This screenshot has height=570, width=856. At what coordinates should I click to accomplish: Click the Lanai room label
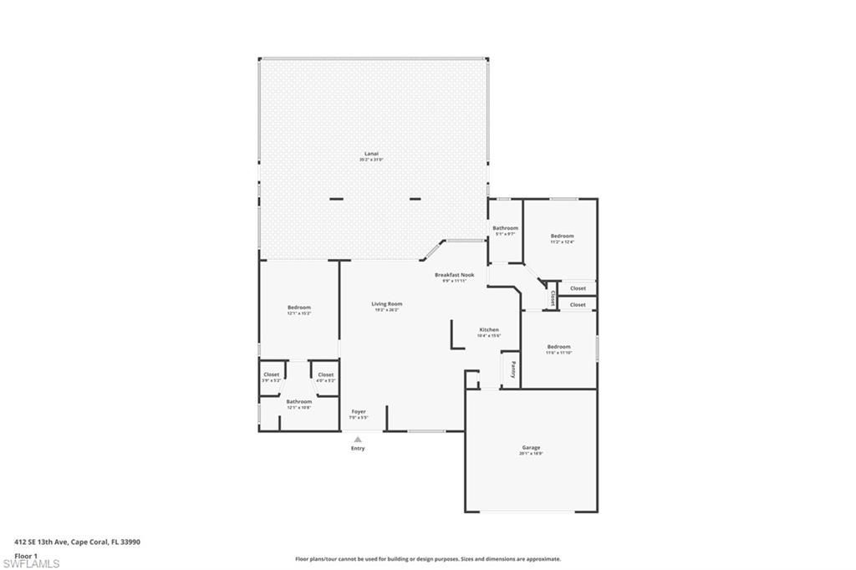pyautogui.click(x=371, y=155)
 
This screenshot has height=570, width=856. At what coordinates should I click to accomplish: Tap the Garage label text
pyautogui.click(x=532, y=448)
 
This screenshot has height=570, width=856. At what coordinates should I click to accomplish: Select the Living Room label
pyautogui.click(x=387, y=304)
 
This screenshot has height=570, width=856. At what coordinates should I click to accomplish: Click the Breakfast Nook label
pyautogui.click(x=454, y=275)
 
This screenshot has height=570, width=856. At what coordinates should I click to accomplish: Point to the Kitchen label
pyautogui.click(x=489, y=330)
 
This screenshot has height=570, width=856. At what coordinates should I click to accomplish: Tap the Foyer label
pyautogui.click(x=359, y=411)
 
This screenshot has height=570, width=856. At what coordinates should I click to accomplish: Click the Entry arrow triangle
pyautogui.click(x=358, y=439)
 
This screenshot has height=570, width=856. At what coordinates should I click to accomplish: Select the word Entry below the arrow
pyautogui.click(x=358, y=449)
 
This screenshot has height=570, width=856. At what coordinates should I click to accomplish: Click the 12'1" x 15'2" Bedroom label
pyautogui.click(x=299, y=308)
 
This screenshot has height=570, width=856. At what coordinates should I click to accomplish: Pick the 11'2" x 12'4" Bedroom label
pyautogui.click(x=562, y=237)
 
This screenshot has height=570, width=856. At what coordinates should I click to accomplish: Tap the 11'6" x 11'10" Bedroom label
pyautogui.click(x=558, y=347)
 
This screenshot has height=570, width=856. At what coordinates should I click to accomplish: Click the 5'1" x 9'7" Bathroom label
pyautogui.click(x=505, y=228)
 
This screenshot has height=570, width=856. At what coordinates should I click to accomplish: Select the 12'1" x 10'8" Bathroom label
pyautogui.click(x=299, y=402)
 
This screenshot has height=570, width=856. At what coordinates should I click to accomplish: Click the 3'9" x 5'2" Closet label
pyautogui.click(x=272, y=374)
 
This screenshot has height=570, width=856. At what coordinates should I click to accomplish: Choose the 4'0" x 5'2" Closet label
pyautogui.click(x=325, y=374)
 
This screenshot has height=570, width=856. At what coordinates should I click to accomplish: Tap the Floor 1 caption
pyautogui.click(x=26, y=555)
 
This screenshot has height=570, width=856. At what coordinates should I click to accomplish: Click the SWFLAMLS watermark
pyautogui.click(x=31, y=564)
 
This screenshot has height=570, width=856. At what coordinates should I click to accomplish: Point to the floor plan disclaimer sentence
pyautogui.click(x=427, y=559)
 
